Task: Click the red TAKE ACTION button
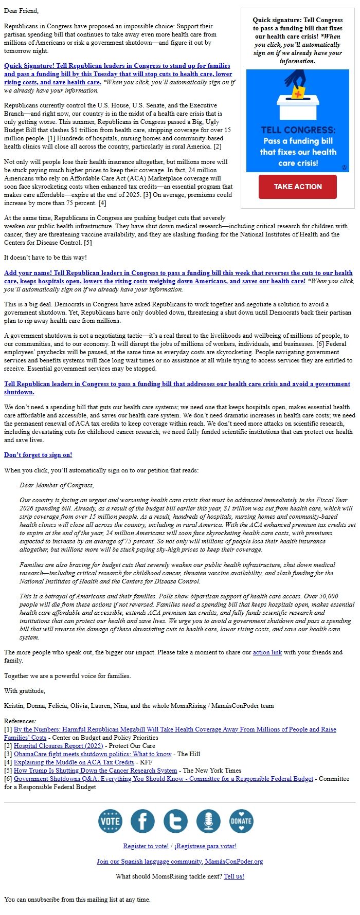click(297, 187)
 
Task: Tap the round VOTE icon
click(110, 821)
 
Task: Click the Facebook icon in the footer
click(143, 821)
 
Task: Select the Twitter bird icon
click(176, 821)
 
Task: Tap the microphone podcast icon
click(208, 821)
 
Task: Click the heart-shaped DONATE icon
click(241, 821)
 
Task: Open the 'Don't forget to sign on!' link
click(38, 455)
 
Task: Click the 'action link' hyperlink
click(267, 652)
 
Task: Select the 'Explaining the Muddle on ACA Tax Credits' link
click(74, 762)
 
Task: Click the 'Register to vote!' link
click(146, 846)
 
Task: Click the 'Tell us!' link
click(234, 876)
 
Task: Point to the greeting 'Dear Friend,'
click(21, 11)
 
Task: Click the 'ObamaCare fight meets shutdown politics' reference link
click(93, 754)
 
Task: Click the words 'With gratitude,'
click(24, 691)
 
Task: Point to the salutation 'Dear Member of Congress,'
click(57, 485)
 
